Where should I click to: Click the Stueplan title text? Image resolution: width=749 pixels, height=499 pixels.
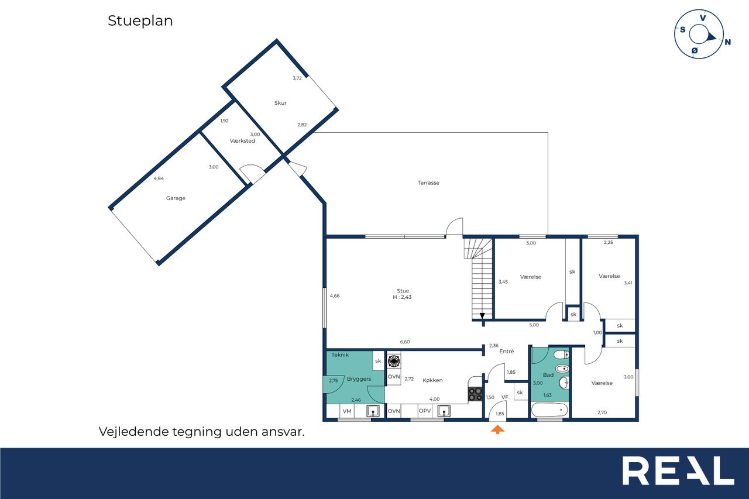140,20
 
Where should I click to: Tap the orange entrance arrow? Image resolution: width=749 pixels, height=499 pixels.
497,429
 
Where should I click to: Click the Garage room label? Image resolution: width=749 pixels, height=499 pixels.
176,198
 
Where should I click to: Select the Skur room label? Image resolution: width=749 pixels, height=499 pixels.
280,103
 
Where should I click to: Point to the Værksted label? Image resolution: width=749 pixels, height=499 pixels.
242,141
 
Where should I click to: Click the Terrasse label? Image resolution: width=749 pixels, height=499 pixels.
428,183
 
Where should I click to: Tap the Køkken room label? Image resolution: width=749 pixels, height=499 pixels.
432,380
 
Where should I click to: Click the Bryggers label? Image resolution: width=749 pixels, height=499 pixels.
359,379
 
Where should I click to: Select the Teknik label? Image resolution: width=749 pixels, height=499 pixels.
340,355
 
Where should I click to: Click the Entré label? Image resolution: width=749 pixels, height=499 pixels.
507,351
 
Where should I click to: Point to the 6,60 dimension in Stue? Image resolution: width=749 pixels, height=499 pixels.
404,342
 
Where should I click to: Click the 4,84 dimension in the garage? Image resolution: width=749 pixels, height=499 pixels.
159,178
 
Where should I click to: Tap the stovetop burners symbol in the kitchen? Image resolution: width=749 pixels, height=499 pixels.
475,394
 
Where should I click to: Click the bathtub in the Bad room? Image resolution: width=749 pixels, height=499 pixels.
549,410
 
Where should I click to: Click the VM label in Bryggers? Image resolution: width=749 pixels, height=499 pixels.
347,411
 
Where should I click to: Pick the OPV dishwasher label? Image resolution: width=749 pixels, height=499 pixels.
425,411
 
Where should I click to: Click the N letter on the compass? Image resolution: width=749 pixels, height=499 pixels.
727,42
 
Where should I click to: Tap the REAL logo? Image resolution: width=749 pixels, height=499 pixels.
678,470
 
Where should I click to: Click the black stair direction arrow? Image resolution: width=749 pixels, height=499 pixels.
482,316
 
